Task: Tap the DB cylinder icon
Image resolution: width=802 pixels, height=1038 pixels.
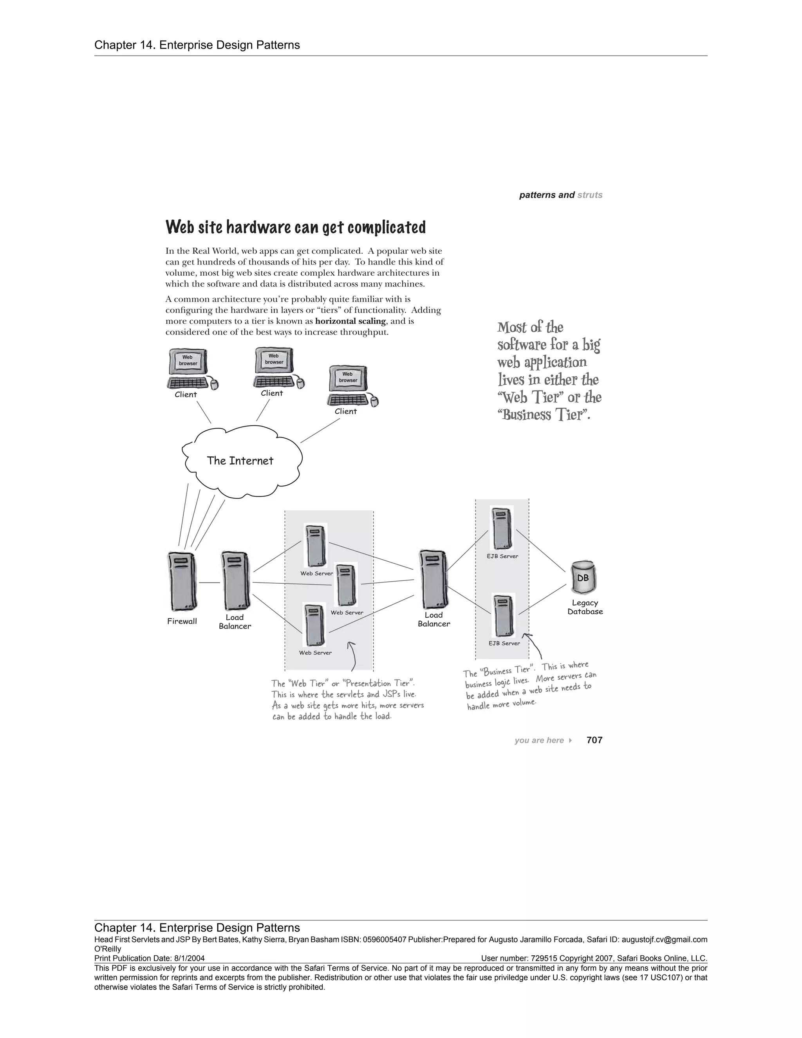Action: (x=583, y=577)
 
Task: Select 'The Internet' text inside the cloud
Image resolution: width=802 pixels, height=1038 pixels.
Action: (x=240, y=461)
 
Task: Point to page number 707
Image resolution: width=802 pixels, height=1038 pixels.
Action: (x=594, y=740)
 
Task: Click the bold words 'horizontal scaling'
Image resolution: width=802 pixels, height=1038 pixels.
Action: (x=350, y=321)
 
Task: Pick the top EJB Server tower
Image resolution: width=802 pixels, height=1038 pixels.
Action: (x=502, y=528)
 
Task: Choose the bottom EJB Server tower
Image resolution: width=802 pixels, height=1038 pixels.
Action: (x=504, y=615)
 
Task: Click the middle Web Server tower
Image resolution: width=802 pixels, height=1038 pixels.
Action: (x=346, y=585)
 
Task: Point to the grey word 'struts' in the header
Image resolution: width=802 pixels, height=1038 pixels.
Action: (x=590, y=195)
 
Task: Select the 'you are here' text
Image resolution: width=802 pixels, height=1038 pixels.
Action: (x=539, y=740)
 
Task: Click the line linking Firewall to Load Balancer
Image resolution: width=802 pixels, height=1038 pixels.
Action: (x=209, y=583)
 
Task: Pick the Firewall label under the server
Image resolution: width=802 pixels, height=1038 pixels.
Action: (x=182, y=621)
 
